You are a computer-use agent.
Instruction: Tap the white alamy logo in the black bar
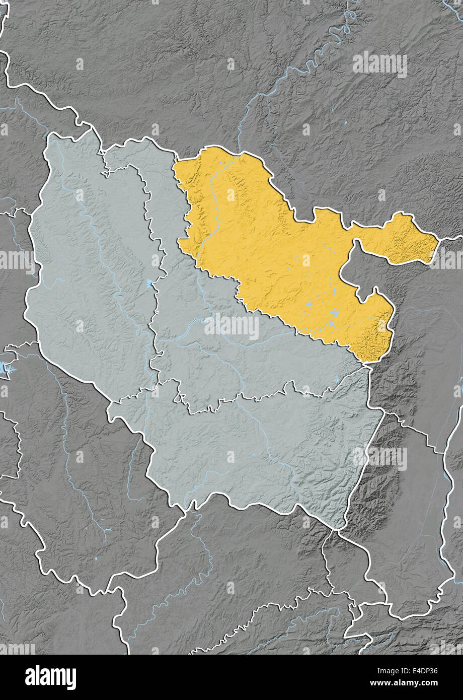pyautogui.click(x=50, y=677)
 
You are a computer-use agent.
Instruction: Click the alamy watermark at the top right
pyautogui.click(x=380, y=64)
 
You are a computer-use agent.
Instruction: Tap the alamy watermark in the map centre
pyautogui.click(x=232, y=327)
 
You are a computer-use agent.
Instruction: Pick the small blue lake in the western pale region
pyautogui.click(x=149, y=283)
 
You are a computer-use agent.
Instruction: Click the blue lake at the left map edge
pyautogui.click(x=5, y=369)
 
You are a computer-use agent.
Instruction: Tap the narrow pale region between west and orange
pyautogui.click(x=166, y=201)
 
